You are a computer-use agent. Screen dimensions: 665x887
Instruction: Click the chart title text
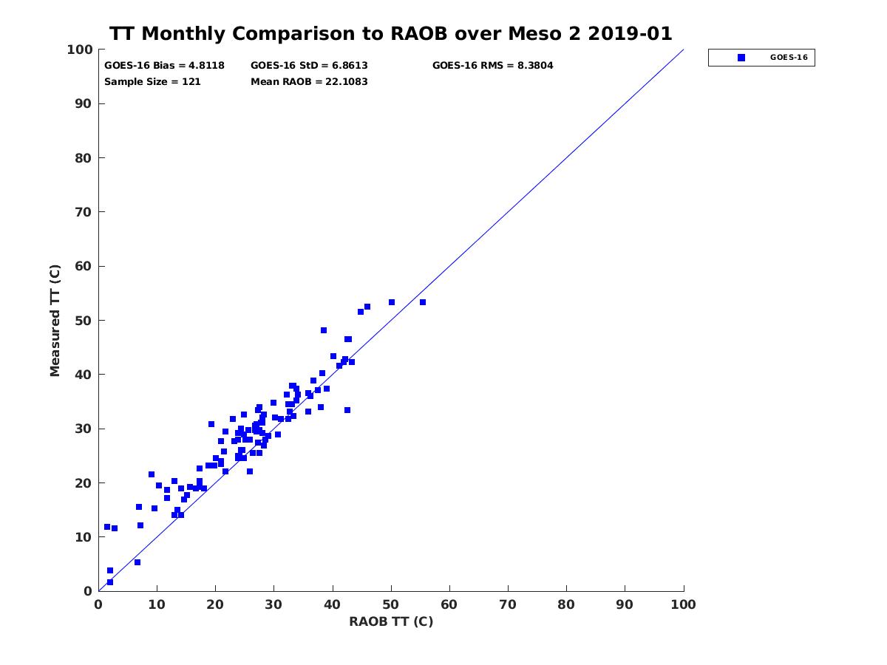[391, 34]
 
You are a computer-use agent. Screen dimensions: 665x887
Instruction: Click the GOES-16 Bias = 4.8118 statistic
[164, 66]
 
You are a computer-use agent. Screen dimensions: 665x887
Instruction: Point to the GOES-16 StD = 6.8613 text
[309, 66]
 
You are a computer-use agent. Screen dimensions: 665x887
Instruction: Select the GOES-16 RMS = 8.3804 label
[492, 66]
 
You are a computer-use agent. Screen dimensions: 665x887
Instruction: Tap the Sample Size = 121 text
[152, 82]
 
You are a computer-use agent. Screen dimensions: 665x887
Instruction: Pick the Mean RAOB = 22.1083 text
[309, 82]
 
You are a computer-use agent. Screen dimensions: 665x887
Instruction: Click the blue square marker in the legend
[741, 58]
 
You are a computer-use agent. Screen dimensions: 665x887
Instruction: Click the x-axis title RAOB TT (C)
[391, 621]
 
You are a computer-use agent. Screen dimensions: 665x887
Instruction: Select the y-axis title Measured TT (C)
[55, 320]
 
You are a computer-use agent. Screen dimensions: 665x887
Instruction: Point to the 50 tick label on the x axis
[391, 604]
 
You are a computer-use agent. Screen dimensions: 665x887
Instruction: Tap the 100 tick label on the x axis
[684, 604]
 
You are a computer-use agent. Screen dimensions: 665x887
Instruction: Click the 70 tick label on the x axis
[508, 604]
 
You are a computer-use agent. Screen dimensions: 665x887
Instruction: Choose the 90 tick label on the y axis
[84, 104]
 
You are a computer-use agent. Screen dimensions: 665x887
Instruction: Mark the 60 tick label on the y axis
[84, 267]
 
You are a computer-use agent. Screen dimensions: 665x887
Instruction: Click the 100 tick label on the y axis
[81, 50]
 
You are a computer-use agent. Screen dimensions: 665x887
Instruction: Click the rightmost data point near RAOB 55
[423, 302]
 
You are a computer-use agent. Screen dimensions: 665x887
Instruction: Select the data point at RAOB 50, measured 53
[392, 302]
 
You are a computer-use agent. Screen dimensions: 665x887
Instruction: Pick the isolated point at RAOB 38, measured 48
[324, 330]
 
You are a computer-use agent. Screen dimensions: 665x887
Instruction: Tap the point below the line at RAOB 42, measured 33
[347, 410]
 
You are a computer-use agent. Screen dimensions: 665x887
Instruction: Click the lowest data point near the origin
[110, 582]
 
